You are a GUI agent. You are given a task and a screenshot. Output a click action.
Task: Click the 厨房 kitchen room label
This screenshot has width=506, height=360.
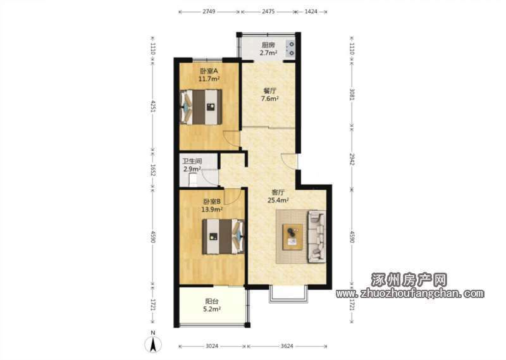(268, 45)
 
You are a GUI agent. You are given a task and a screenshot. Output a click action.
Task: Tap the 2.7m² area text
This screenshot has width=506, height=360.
(268, 53)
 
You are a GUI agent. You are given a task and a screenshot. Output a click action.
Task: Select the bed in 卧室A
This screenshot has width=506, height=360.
(201, 107)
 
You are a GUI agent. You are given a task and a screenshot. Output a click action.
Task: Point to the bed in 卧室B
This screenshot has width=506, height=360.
(223, 237)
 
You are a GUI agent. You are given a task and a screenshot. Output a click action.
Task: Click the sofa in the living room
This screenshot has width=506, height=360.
(318, 237)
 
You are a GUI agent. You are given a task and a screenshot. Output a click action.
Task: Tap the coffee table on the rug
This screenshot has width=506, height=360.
(293, 237)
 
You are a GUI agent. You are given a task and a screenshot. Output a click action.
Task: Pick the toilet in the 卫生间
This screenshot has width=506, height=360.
(193, 180)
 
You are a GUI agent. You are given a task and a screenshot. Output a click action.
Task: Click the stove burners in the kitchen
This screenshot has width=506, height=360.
(290, 48)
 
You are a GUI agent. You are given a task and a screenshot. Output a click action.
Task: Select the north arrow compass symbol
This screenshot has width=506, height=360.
(153, 343)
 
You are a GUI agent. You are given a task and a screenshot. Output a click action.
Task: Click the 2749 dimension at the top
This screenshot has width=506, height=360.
(209, 11)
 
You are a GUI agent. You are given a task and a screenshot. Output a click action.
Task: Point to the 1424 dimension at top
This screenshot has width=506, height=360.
(311, 11)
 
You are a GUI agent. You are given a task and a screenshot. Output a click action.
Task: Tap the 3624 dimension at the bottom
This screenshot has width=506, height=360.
(287, 346)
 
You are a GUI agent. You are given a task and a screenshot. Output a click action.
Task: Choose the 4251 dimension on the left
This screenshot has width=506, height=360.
(153, 106)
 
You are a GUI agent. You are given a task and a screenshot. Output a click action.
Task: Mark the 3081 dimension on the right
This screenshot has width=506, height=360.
(352, 94)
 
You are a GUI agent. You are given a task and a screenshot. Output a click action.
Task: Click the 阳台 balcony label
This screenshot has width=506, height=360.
(212, 301)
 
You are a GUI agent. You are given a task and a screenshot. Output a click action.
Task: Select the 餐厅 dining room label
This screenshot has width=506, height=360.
(270, 91)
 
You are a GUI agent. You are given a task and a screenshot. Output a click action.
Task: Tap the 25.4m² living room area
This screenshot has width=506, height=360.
(278, 200)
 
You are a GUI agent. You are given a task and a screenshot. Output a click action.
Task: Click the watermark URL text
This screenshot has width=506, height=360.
(410, 294)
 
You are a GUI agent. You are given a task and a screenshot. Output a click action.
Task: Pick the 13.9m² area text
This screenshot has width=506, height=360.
(212, 209)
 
